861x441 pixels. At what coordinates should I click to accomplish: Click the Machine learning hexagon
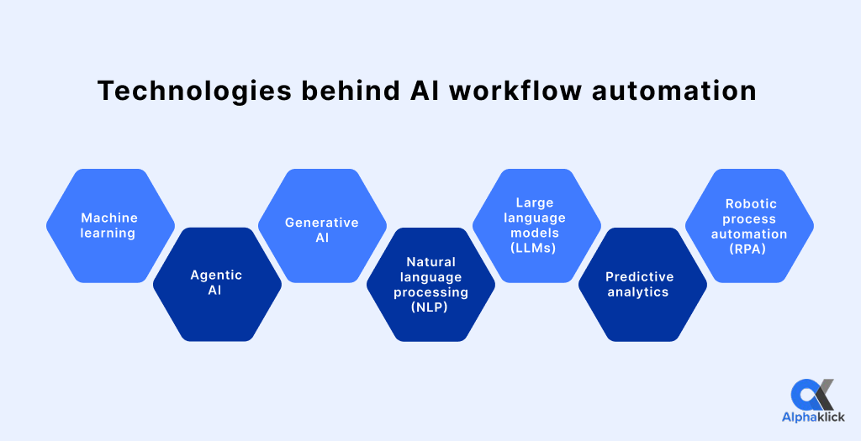pyautogui.click(x=109, y=225)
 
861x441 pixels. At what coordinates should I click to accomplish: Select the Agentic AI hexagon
pyautogui.click(x=217, y=284)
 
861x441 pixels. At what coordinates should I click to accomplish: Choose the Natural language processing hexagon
pyautogui.click(x=430, y=284)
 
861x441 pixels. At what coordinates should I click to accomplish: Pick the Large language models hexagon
pyautogui.click(x=536, y=225)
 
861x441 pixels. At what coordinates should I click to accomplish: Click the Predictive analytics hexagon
pyautogui.click(x=642, y=284)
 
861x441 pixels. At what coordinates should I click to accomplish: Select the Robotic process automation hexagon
pyautogui.click(x=749, y=225)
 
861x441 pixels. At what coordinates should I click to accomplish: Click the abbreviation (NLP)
pyautogui.click(x=430, y=307)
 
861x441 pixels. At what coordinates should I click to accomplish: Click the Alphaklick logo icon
pyautogui.click(x=812, y=395)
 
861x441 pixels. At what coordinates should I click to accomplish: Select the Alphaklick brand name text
pyautogui.click(x=812, y=417)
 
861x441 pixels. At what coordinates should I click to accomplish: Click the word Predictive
pyautogui.click(x=640, y=277)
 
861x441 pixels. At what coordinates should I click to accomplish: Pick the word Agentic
pyautogui.click(x=216, y=275)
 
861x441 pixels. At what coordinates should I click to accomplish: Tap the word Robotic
pyautogui.click(x=751, y=203)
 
